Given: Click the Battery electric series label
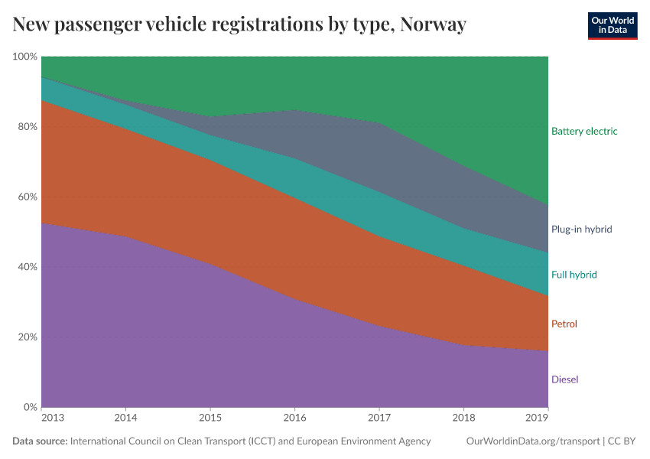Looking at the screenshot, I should [583, 131].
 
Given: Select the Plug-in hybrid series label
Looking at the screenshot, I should [581, 229].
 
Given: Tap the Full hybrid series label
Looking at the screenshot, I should [574, 275].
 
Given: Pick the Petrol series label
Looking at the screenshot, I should [564, 324].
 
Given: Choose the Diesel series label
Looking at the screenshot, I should [564, 379].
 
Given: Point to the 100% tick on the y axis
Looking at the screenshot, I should [25, 57].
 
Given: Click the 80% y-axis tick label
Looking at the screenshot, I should [28, 127].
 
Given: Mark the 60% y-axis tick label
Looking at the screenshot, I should [28, 197].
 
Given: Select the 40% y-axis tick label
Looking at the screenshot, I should [28, 267].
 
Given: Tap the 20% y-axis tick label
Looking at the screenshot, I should [28, 337].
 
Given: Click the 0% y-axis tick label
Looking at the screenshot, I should [30, 407].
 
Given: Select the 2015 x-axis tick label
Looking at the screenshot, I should [210, 418].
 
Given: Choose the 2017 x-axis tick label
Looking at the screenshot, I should [379, 418].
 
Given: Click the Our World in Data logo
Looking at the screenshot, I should [612, 25].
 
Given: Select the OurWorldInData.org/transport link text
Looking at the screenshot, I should [531, 441].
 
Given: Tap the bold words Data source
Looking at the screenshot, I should [40, 441].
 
